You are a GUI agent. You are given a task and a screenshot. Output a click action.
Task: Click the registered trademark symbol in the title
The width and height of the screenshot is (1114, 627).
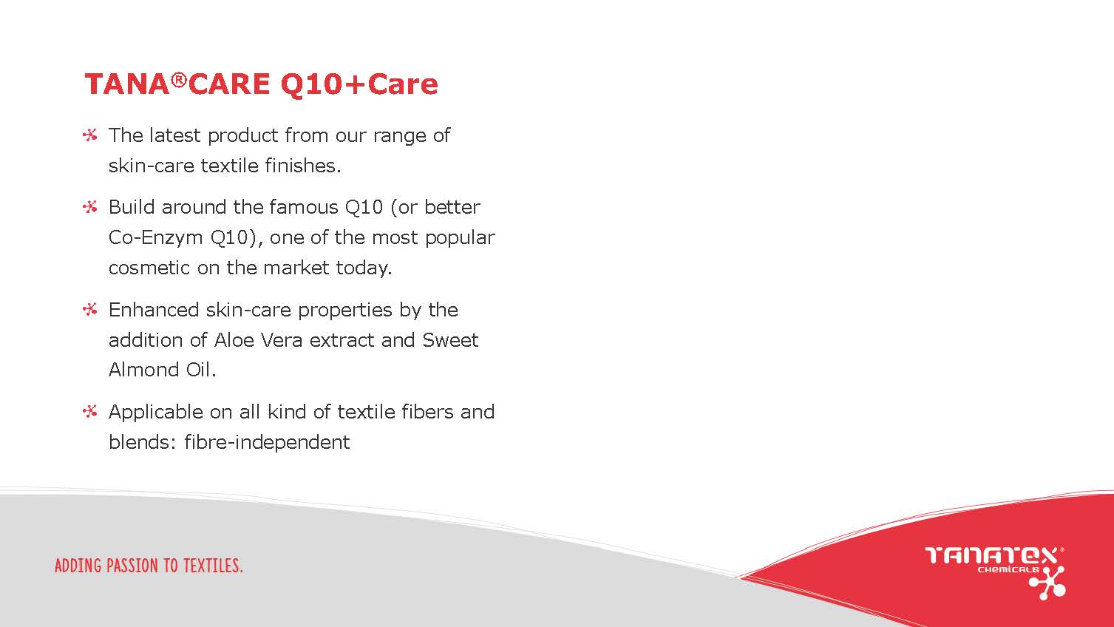coord(179,80)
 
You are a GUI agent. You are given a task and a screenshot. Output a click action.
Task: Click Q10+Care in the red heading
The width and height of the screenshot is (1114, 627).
coord(359,84)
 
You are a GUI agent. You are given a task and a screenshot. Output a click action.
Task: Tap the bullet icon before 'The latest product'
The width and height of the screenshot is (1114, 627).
coord(90,135)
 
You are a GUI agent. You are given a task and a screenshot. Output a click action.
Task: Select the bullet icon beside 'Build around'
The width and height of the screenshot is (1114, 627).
coord(90,206)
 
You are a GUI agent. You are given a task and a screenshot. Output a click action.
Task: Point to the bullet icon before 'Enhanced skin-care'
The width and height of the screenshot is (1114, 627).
coord(90,310)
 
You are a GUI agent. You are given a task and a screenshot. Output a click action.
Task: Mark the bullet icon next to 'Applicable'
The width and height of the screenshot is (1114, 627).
coord(90,412)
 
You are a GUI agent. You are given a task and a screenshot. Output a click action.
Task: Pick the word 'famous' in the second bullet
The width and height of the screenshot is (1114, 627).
coord(303,206)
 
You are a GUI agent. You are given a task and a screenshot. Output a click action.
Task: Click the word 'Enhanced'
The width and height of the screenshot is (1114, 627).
coord(154,310)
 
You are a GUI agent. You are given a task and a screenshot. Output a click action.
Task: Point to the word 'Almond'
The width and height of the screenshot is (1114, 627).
coord(143,370)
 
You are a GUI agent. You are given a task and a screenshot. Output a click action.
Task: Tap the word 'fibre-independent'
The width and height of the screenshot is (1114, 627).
coord(267,442)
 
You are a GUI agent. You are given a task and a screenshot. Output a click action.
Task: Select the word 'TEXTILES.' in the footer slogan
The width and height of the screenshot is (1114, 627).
coord(214,566)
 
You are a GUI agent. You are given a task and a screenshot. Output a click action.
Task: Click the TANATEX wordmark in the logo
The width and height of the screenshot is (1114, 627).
coord(993,555)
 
